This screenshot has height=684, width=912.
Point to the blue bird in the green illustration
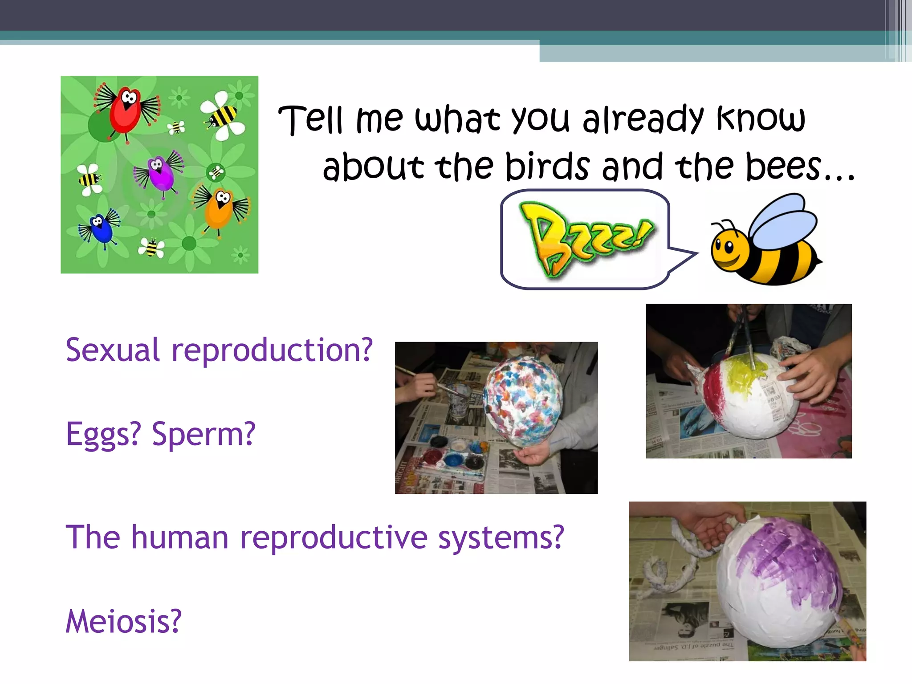[x=101, y=228]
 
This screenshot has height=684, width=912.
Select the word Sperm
[x=204, y=434]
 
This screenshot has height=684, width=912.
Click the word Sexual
[x=112, y=350]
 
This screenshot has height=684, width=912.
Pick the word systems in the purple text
[x=501, y=537]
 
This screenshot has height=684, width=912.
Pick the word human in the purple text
[x=179, y=537]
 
